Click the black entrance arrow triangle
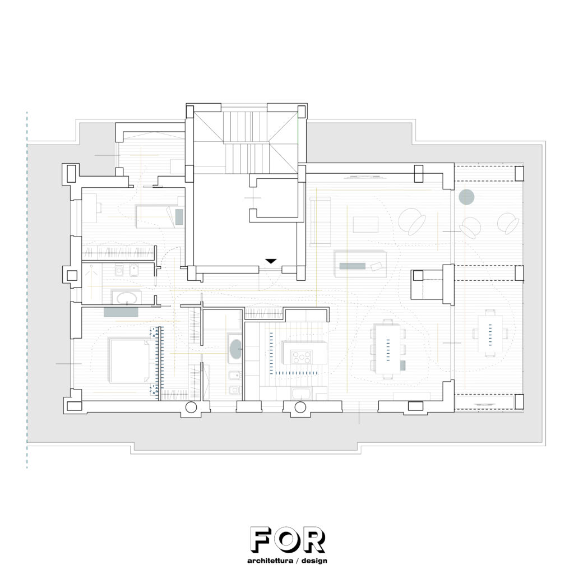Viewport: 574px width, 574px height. point(271,261)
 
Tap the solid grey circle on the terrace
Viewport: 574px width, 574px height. point(466,197)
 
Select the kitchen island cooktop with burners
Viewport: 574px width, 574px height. point(301,357)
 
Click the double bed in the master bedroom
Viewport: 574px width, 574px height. point(129,361)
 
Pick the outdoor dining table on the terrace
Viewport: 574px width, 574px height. point(490,333)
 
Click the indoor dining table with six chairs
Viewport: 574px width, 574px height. point(388,348)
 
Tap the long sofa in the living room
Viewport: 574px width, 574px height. point(320,222)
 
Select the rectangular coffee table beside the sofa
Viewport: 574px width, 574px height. point(365,224)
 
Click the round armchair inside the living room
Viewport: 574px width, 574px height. point(412,221)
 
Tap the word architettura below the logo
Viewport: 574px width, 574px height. point(270,561)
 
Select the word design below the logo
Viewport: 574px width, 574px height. point(314,561)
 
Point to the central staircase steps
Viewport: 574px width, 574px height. point(246,143)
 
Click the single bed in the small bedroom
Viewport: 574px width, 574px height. point(160,216)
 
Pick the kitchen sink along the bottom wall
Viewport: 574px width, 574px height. point(301,394)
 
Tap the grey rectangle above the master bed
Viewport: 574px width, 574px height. point(121,312)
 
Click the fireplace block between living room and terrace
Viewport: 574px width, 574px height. point(427,285)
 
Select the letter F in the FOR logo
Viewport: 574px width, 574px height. point(262,540)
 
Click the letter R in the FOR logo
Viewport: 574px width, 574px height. point(314,540)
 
